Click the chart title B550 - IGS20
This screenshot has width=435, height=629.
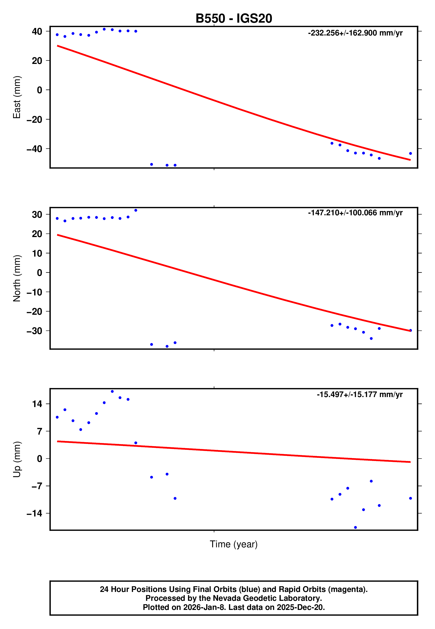(x=234, y=19)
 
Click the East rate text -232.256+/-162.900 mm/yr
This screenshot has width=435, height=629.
(x=355, y=33)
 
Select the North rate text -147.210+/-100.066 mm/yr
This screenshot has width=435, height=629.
(x=355, y=213)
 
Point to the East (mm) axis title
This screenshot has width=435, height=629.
(x=17, y=97)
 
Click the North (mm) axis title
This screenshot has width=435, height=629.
(x=17, y=278)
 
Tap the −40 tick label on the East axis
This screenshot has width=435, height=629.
(x=34, y=149)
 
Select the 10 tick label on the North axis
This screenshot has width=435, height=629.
(x=37, y=253)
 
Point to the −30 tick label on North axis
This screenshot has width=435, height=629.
(x=34, y=331)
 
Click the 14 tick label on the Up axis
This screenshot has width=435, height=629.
(x=37, y=404)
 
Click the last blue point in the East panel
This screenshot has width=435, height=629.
(x=410, y=154)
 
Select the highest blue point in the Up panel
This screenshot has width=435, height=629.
(x=112, y=392)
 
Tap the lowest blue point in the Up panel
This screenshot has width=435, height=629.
(x=355, y=528)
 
